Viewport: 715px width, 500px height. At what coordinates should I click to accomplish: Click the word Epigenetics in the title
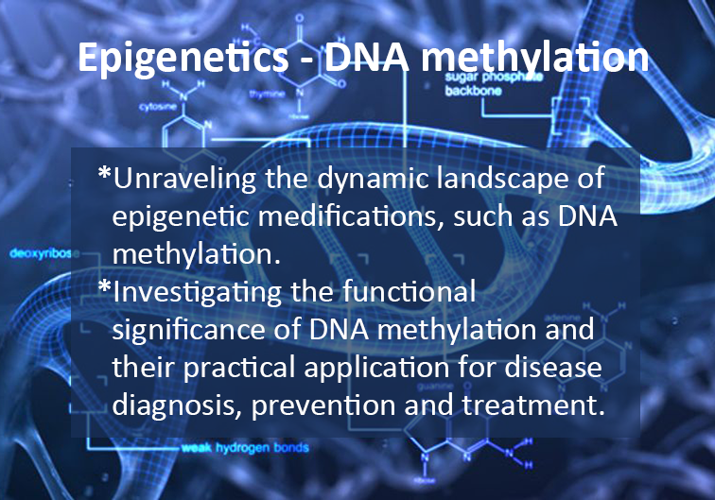point(183,59)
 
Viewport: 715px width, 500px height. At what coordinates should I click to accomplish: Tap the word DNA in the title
point(366,58)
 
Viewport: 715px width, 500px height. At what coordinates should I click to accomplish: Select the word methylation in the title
point(535,59)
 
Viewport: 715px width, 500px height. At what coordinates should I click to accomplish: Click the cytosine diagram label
point(158,107)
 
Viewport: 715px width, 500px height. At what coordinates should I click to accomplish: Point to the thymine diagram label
point(268,94)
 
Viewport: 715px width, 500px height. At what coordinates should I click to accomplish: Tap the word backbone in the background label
point(473,91)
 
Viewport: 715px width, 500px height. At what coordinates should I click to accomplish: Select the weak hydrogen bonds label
point(245,448)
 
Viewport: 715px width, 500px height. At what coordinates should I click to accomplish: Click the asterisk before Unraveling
point(104,173)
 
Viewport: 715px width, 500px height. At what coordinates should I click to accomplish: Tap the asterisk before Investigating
point(104,286)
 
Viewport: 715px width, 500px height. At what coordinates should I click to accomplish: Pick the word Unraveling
point(184,179)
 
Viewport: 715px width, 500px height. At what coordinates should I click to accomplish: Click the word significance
point(189,330)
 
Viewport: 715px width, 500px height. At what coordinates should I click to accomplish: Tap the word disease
point(553,367)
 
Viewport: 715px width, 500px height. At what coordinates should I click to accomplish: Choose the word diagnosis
point(177,405)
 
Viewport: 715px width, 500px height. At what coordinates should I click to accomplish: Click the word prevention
point(323,405)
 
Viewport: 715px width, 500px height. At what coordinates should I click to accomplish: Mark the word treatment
point(534,405)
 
